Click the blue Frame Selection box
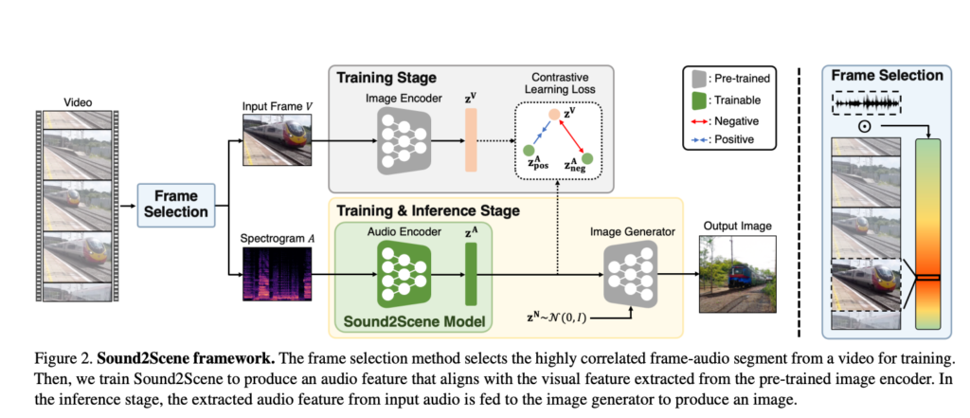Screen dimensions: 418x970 [177, 204]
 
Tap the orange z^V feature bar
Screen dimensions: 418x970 [471, 139]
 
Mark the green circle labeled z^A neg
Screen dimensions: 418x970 [588, 157]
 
